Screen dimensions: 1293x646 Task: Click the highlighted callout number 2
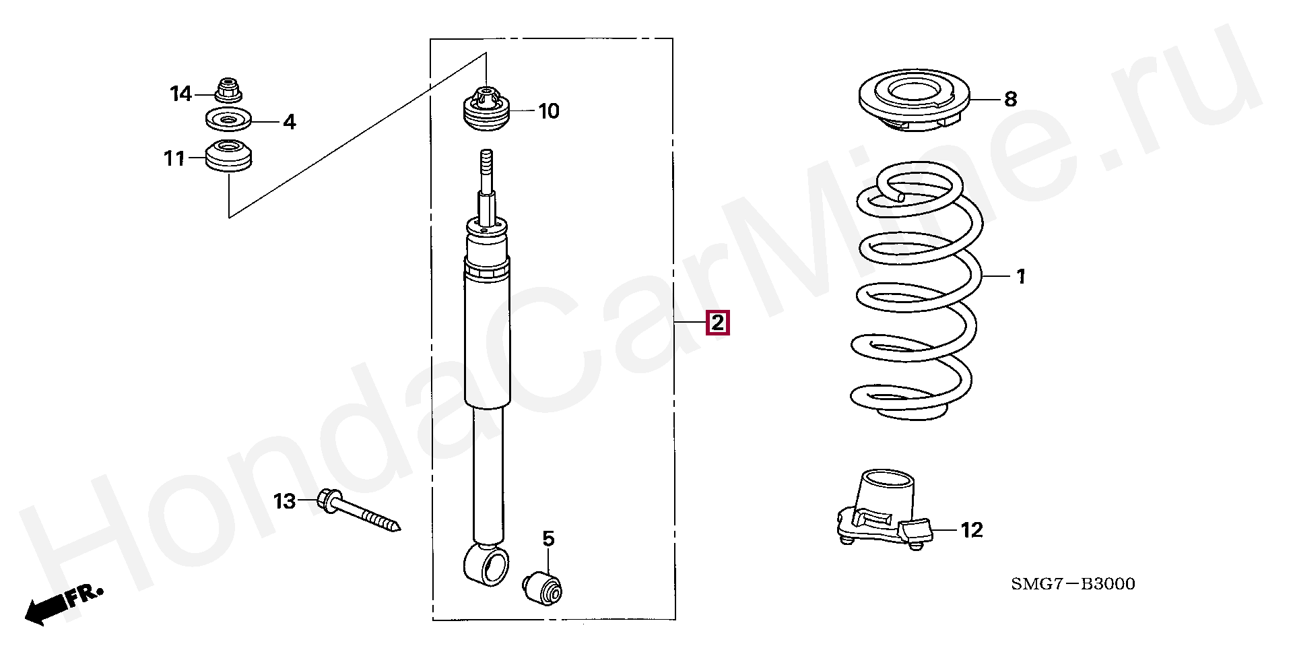point(717,323)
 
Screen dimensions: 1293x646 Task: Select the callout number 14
point(180,94)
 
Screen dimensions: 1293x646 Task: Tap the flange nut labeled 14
point(228,90)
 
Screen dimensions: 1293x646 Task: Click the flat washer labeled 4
point(228,121)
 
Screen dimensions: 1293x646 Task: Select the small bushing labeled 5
point(544,585)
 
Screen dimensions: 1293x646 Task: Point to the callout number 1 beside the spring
point(1020,276)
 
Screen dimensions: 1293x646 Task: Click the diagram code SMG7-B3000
point(1073,583)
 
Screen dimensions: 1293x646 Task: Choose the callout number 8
point(1010,99)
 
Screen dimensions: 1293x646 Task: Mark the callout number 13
point(284,501)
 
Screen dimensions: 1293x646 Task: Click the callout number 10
point(549,110)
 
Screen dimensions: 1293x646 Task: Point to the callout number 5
point(548,538)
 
